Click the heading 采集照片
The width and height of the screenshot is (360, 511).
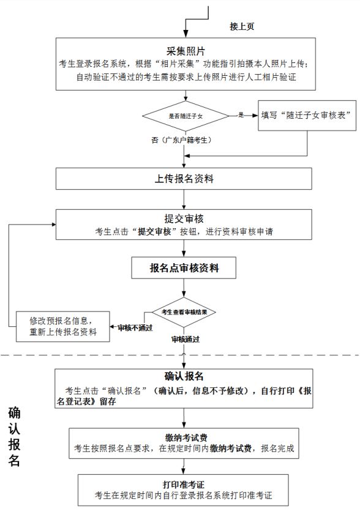[x=186, y=51]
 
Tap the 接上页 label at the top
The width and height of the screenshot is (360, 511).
[x=242, y=26]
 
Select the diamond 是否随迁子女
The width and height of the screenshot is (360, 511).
[x=186, y=116]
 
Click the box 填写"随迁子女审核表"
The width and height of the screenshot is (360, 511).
[x=307, y=116]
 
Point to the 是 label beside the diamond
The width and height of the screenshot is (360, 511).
[x=241, y=114]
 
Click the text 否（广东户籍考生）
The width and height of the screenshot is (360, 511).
[x=182, y=140]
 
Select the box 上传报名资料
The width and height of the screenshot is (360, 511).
[x=184, y=179]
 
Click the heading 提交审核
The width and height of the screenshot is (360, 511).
[x=184, y=218]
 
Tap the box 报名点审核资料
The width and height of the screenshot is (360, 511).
[x=184, y=268]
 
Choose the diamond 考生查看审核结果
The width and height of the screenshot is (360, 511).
[x=184, y=312]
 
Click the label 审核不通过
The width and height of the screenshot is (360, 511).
[x=135, y=328]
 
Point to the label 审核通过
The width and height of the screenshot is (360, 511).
[x=186, y=339]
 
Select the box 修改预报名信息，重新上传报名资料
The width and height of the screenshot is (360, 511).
[x=63, y=327]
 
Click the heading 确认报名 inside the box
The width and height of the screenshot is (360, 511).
[x=184, y=376]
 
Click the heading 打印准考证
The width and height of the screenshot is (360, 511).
[x=183, y=485]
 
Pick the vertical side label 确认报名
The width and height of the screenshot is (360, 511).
[x=14, y=436]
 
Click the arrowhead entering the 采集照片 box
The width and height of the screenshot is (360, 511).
[x=186, y=34]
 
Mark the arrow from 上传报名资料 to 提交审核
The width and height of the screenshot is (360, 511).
[x=184, y=200]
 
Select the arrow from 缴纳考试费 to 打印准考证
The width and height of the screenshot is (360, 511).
[x=184, y=467]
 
